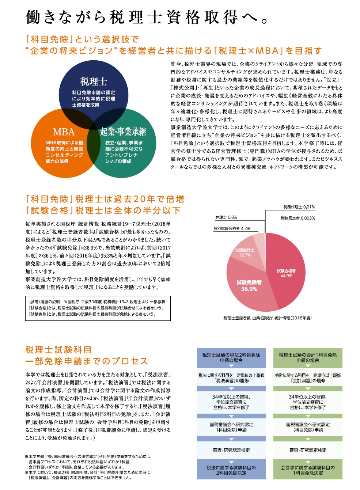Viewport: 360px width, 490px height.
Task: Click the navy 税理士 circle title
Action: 94,81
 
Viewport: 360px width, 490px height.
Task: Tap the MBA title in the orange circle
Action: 64,132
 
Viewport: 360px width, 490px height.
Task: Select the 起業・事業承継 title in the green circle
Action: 123,132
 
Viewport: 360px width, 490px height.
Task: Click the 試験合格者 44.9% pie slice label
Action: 286,273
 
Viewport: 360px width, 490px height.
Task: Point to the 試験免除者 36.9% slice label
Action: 249,285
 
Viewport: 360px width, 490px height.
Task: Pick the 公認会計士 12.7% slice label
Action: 245,252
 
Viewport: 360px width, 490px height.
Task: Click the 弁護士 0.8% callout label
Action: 226,217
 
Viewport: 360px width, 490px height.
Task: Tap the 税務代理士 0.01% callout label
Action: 299,207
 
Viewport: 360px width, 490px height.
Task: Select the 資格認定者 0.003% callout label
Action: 298,218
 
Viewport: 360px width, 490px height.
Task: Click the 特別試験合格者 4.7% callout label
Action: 232,228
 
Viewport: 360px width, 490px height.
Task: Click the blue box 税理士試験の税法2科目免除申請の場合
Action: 231,358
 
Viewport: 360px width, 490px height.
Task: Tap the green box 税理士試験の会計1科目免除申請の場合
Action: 308,358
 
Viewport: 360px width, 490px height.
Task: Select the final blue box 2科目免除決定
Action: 231,470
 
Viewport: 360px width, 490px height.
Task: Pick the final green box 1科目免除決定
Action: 308,470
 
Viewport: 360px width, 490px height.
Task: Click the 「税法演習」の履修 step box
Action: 231,378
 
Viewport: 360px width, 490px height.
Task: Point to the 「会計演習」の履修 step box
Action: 308,378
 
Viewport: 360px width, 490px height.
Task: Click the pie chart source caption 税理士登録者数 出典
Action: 267,318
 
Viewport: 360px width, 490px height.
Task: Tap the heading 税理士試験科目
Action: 58,350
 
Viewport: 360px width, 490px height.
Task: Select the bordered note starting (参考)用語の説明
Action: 98,308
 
